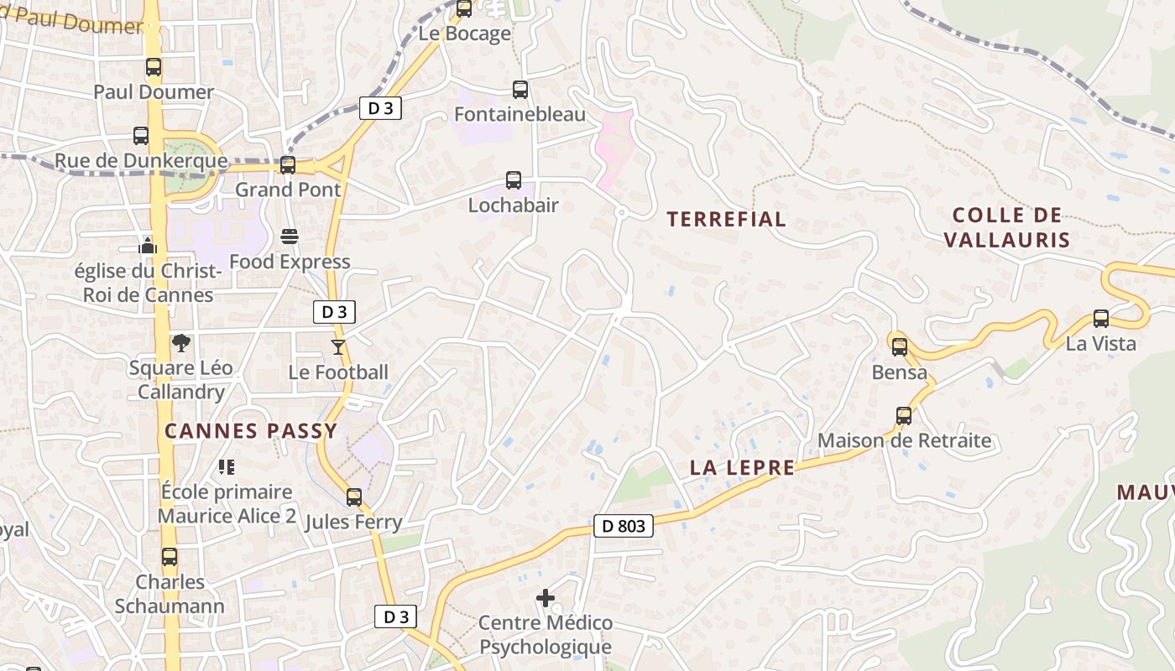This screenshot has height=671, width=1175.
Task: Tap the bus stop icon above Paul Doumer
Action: [x=153, y=67]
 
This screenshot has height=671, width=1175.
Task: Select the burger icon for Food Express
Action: [x=290, y=237]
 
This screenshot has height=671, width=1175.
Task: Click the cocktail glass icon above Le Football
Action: [x=338, y=346]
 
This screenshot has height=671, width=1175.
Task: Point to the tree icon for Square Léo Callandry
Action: [x=180, y=342]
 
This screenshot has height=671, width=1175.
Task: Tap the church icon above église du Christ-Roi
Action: [x=149, y=246]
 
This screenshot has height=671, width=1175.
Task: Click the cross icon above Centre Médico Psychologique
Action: [x=546, y=598]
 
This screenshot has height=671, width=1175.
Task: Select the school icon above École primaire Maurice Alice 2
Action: [x=226, y=466]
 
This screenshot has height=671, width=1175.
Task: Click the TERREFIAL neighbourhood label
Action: [x=726, y=220]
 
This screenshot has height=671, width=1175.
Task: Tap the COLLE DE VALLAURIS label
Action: [x=1007, y=228]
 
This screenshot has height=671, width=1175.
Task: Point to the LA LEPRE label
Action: [x=742, y=468]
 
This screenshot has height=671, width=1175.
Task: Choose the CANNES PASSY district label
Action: [x=250, y=431]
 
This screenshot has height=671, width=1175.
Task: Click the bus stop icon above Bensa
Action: [x=900, y=346]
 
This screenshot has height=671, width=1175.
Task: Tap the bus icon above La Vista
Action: [x=1101, y=319]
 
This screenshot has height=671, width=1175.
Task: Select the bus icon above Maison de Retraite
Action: [x=904, y=415]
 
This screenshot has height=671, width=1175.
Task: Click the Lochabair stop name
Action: [x=513, y=205]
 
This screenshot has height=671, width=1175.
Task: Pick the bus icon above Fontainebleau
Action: [x=520, y=89]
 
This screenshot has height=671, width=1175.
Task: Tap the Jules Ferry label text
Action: [x=353, y=522]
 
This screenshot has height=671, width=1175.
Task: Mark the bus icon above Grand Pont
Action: [x=288, y=165]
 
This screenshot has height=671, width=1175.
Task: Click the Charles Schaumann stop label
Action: [x=170, y=594]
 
